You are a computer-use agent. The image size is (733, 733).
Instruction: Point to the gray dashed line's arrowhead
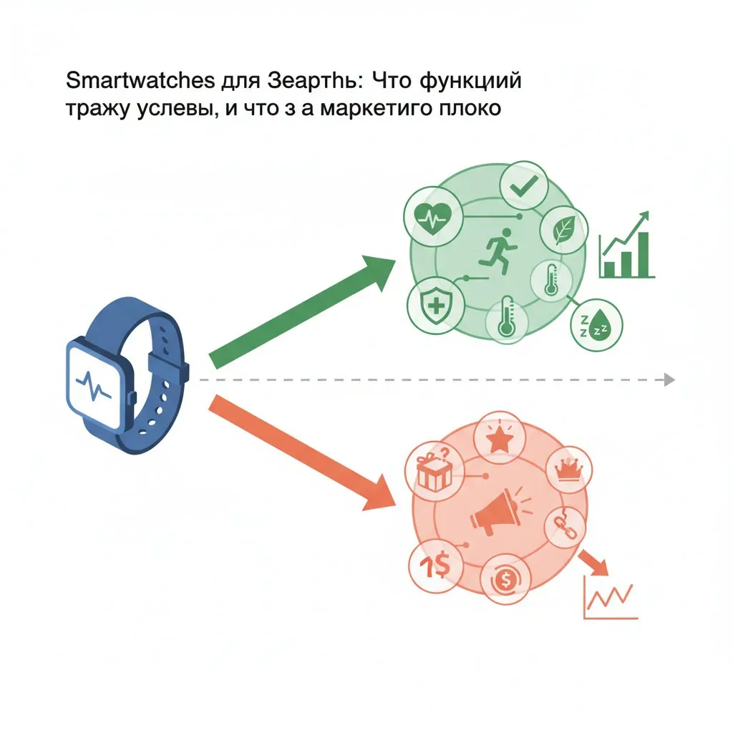pyautogui.click(x=669, y=379)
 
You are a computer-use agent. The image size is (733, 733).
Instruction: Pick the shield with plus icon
pyautogui.click(x=432, y=304)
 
